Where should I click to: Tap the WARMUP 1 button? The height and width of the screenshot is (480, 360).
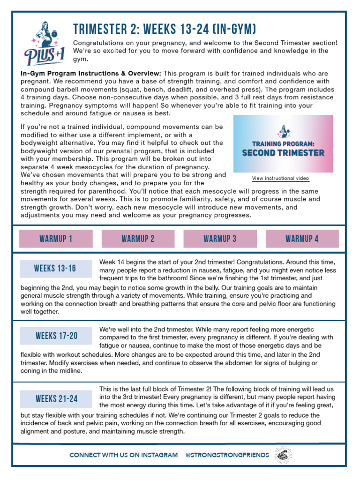56,239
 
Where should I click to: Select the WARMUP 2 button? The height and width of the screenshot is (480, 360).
138,239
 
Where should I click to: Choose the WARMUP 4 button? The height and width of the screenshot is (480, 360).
302,239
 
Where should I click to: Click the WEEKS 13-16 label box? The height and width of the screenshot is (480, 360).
55,269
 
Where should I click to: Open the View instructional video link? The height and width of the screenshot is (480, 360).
280,179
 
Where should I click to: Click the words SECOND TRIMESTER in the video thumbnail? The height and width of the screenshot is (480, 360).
283,153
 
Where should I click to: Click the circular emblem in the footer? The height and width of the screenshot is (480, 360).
285,455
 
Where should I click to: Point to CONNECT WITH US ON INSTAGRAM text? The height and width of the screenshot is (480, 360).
124,455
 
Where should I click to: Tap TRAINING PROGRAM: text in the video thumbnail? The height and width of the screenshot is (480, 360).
283,143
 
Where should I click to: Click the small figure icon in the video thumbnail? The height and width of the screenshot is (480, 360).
283,131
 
